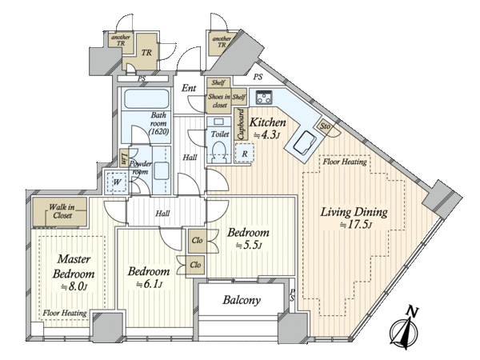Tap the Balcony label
[242, 300]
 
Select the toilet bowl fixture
[219, 150]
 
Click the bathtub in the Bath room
[146, 98]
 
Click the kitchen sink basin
[305, 143]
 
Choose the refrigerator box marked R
[244, 153]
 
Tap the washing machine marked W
[116, 182]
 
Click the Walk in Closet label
[62, 211]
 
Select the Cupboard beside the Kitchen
[241, 124]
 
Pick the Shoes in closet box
[219, 101]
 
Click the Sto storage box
[325, 126]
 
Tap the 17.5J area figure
[356, 226]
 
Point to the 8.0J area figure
[74, 287]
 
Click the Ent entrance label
[189, 88]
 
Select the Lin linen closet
[124, 158]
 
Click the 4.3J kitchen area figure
[266, 134]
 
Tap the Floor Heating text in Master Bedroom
[65, 313]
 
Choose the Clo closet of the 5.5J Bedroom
[197, 241]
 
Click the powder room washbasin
[161, 171]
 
